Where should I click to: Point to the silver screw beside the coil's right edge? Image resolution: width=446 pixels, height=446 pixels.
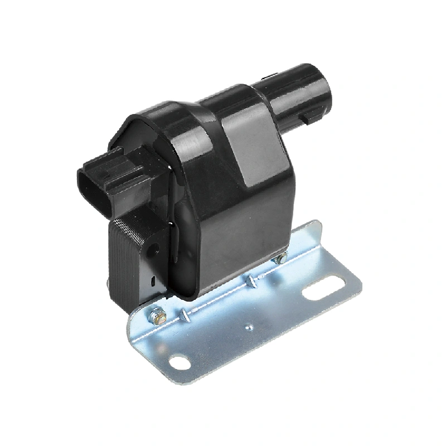280,258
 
